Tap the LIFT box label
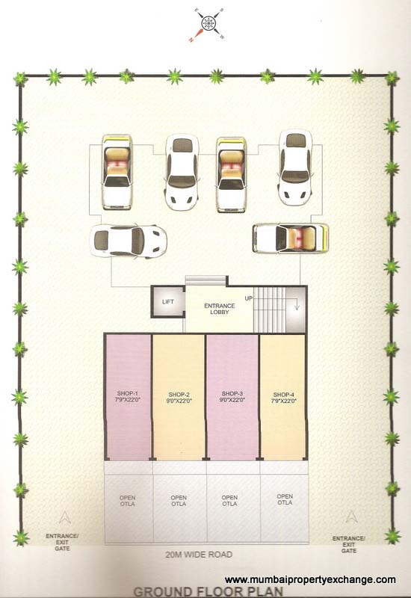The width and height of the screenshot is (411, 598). point(167,302)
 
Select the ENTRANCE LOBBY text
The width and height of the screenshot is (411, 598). point(219,308)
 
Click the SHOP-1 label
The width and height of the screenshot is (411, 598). point(128,397)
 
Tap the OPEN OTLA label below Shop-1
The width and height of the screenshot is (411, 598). point(127,502)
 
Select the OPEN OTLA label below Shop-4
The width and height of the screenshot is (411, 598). point(284,500)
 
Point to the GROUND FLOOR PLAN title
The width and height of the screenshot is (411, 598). point(205,590)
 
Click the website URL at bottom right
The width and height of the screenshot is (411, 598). point(310,579)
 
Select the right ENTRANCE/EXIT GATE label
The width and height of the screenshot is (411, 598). point(349,544)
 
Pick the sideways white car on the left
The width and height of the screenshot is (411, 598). point(128,241)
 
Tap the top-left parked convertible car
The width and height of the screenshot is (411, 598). point(117,172)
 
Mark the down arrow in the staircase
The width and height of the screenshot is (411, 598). point(295,304)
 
